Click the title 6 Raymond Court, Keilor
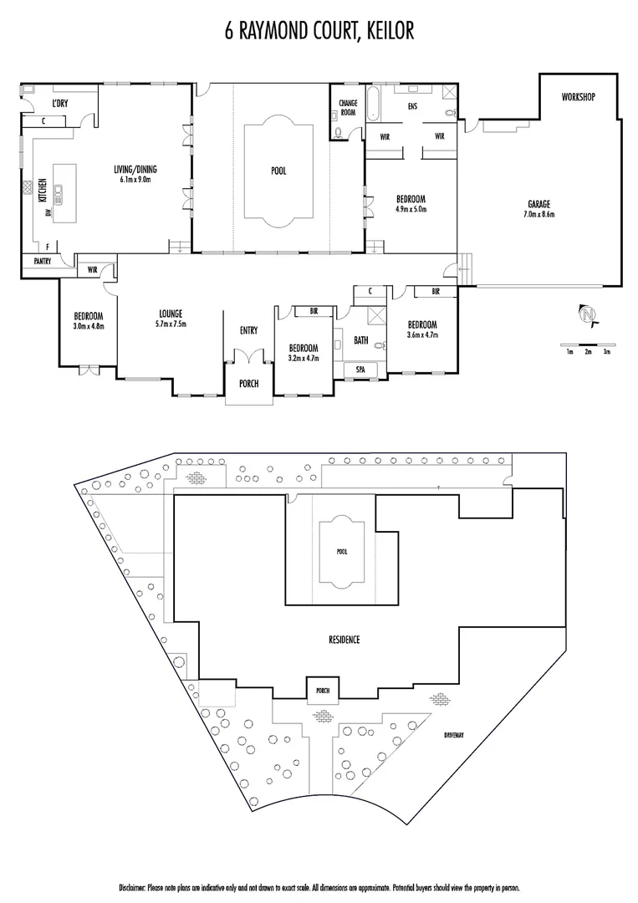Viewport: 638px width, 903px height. coord(319,31)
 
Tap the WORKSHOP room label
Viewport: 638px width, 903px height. coord(578,97)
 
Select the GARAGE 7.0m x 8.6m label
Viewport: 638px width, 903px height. coord(539,208)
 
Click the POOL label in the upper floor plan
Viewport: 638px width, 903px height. coord(278,171)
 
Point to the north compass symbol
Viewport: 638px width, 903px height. coord(588,315)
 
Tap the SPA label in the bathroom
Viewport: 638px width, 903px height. coord(360,370)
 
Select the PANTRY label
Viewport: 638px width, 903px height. coord(43,262)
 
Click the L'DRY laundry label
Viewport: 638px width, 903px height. coord(60,103)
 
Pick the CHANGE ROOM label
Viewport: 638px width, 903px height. coord(348,108)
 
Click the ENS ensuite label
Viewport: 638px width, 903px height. coord(412,106)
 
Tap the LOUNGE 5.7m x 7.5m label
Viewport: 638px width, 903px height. coord(171,319)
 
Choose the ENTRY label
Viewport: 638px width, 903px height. coord(248,330)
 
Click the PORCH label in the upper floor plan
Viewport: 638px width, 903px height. coord(248,384)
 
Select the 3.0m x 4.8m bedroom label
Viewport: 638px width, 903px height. coord(88,327)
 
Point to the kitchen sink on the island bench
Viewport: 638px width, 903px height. coord(59,193)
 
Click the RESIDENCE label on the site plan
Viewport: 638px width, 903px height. coord(345,640)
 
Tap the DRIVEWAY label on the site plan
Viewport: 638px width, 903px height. coord(454,736)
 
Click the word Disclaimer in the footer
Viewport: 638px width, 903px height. coord(132,888)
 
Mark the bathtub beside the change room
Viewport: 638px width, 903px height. coord(373,104)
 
